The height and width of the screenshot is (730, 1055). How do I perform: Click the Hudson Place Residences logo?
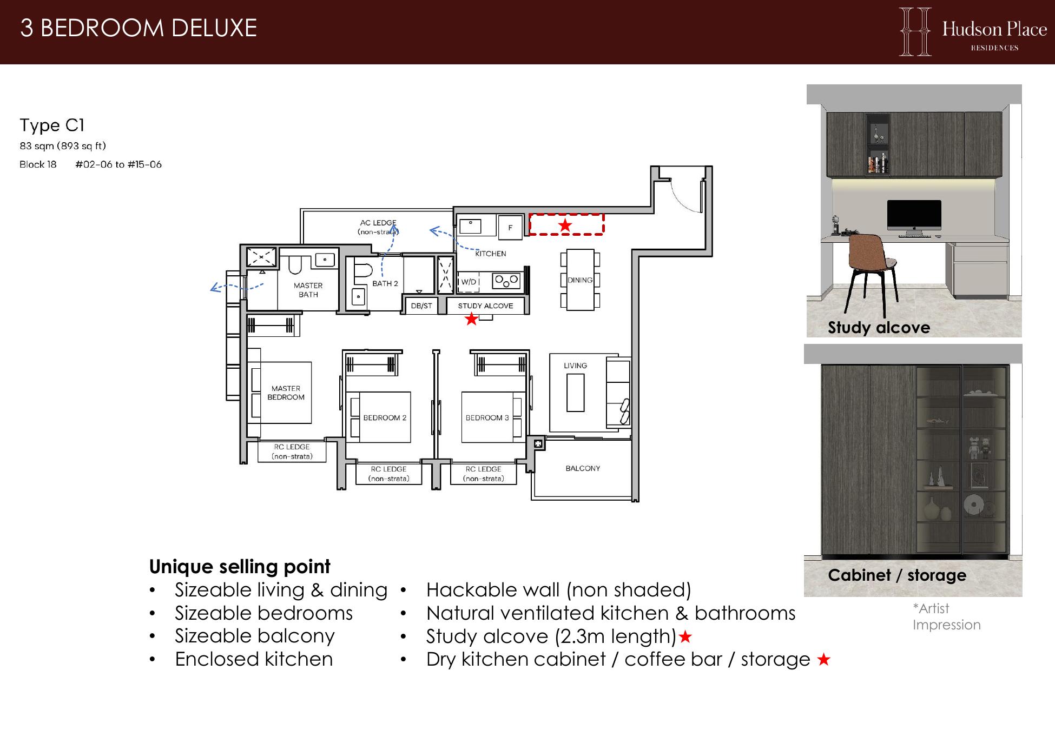973,31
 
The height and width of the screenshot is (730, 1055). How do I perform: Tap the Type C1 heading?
52,125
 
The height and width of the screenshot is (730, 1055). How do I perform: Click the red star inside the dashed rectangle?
565,225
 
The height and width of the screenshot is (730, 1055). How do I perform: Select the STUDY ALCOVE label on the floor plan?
485,306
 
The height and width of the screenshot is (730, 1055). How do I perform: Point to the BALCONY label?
583,468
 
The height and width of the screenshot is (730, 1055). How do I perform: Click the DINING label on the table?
580,280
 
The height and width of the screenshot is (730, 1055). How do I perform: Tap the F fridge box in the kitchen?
510,228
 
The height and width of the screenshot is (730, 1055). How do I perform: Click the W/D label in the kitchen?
469,282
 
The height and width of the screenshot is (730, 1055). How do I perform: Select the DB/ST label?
421,306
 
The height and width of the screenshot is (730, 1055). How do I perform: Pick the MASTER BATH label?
308,290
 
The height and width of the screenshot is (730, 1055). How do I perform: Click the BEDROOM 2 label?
385,418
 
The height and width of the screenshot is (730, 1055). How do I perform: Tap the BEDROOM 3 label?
487,418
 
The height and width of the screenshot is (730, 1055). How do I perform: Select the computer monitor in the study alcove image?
914,218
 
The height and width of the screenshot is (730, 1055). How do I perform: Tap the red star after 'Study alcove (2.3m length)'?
685,637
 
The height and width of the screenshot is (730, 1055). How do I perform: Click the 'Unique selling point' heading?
239,567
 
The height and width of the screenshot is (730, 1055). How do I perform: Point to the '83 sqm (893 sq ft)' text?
63,146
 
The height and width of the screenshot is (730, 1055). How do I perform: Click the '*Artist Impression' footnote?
946,616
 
